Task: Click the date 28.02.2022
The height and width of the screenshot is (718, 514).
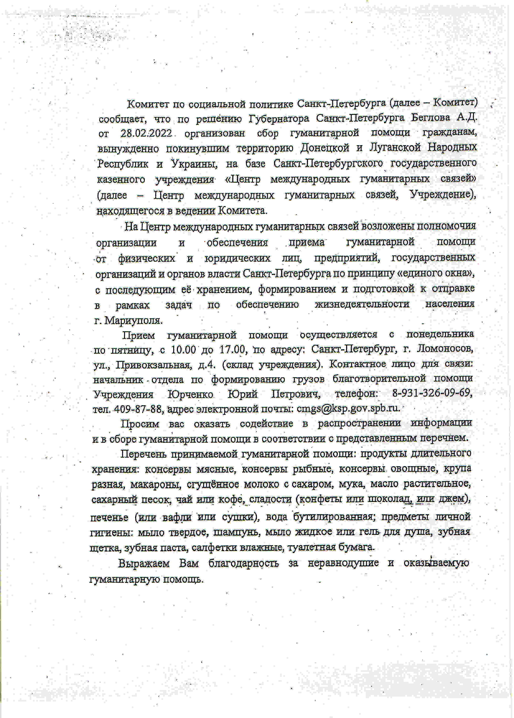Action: click(x=146, y=133)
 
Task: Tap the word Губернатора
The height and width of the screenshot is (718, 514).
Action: click(x=279, y=119)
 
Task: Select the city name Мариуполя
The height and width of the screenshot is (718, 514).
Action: click(x=133, y=321)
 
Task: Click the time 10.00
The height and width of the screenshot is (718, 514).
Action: click(x=183, y=350)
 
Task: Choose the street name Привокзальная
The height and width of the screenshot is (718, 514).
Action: click(x=154, y=365)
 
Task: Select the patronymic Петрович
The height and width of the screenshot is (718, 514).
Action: click(x=296, y=394)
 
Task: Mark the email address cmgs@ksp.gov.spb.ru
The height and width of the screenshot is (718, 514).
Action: click(x=348, y=408)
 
